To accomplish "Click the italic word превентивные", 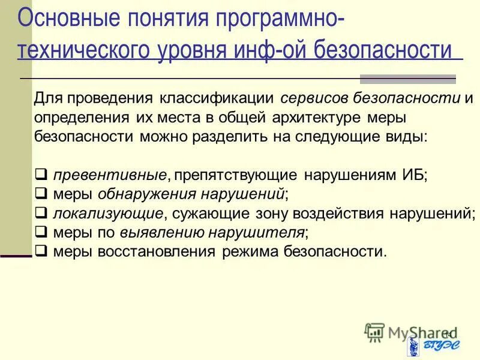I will [109, 175].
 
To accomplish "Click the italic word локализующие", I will [107, 213].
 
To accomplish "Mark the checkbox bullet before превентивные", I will [41, 175].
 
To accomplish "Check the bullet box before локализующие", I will [41, 213].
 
